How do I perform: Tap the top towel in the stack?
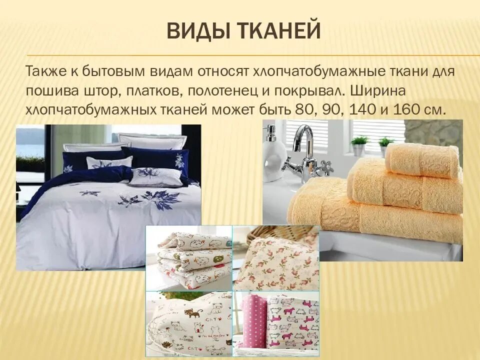point(422,160)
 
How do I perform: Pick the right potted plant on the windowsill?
point(385,145)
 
